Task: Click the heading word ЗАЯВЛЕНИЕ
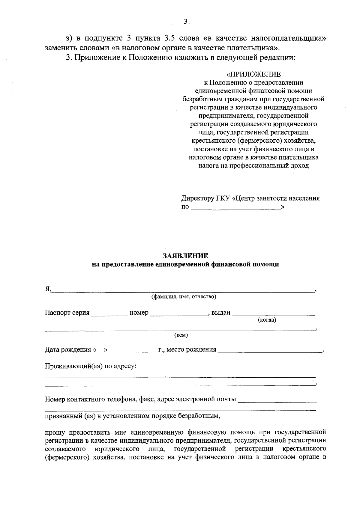[x=185, y=256]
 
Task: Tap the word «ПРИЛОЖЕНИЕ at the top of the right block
[x=254, y=74]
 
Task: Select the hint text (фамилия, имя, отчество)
[x=184, y=297]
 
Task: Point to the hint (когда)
[x=267, y=320]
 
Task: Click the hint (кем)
[x=181, y=335]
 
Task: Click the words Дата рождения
[x=68, y=349]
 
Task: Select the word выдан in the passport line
[x=221, y=313]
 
